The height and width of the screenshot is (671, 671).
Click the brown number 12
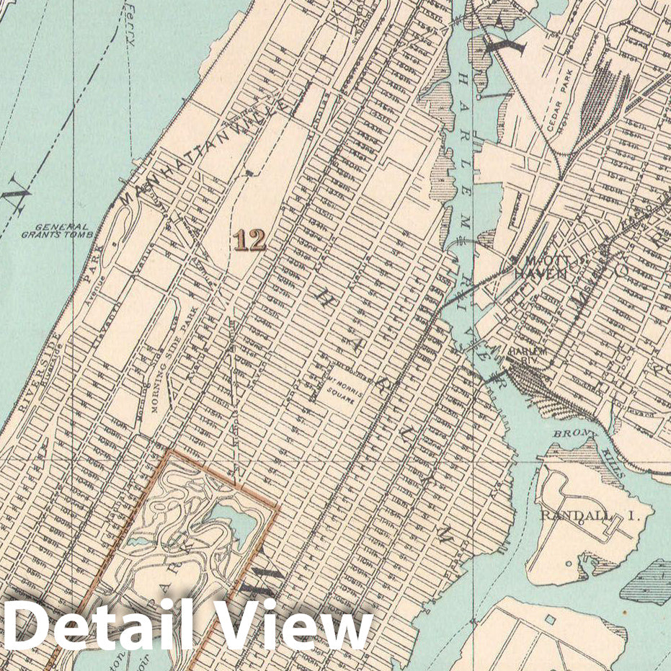249,240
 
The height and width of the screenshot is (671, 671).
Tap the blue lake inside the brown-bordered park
235,523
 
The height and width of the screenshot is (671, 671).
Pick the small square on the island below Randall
551,619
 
